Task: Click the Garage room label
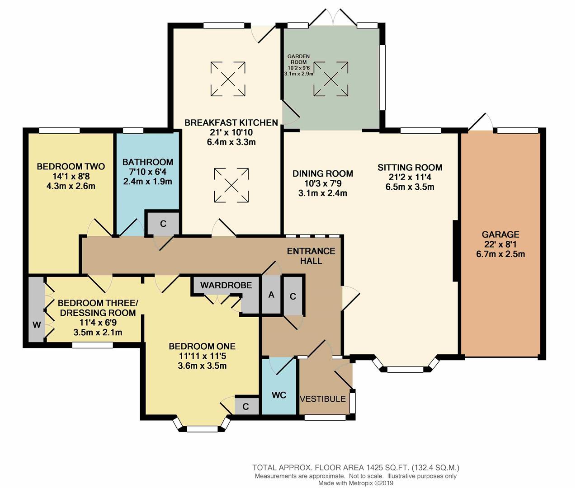click(500, 235)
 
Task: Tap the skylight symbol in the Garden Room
click(331, 79)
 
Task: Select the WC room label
click(279, 395)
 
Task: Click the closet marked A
click(271, 295)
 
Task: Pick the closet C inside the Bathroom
click(163, 223)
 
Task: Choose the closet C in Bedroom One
click(246, 406)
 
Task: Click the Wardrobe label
click(226, 285)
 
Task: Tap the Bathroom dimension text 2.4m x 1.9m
click(148, 182)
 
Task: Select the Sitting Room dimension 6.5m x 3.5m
click(410, 187)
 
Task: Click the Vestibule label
click(323, 399)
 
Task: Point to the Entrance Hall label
click(311, 256)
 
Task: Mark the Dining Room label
click(323, 174)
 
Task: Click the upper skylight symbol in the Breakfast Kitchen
click(228, 79)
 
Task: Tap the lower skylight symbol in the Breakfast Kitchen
click(231, 185)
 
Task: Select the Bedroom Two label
click(71, 167)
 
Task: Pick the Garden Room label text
click(298, 59)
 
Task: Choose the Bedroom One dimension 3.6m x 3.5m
click(202, 366)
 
